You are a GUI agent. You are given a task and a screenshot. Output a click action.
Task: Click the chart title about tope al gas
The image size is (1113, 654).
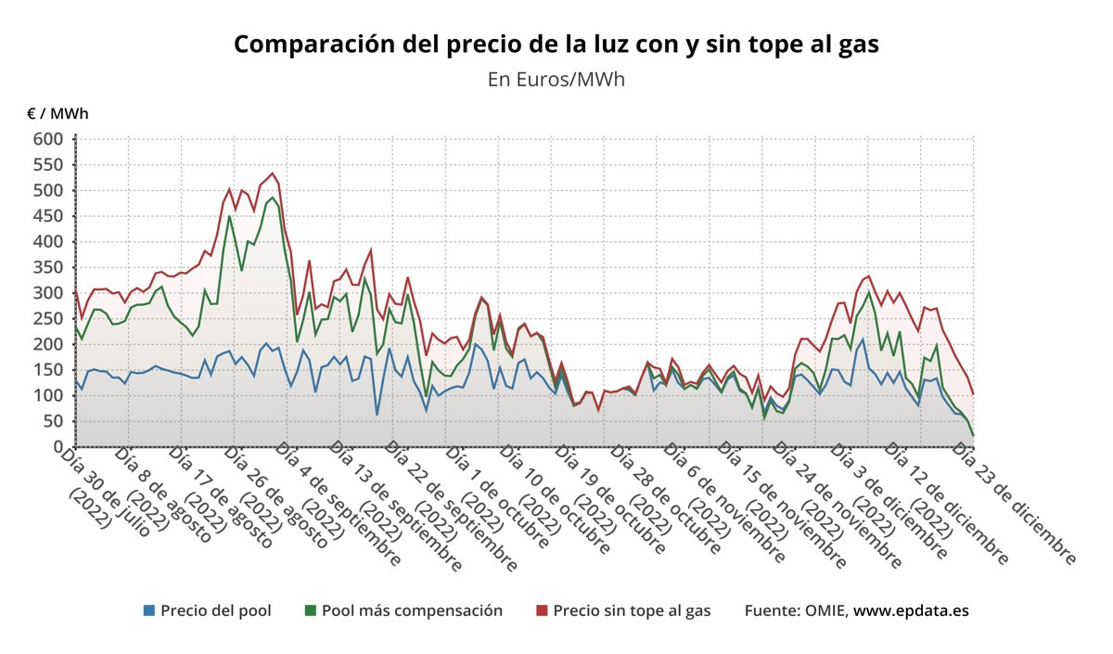click(556, 45)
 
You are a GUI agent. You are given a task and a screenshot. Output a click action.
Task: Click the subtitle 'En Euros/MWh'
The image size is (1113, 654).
click(556, 79)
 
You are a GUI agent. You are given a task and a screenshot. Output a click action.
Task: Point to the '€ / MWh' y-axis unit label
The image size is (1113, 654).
click(58, 113)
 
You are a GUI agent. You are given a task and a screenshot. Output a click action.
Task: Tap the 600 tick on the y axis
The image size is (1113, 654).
click(48, 139)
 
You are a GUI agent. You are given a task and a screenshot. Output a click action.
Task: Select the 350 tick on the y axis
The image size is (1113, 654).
click(48, 267)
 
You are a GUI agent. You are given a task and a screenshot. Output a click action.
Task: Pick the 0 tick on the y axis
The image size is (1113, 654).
click(58, 447)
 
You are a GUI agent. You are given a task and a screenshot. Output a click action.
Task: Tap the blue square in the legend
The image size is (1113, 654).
click(149, 610)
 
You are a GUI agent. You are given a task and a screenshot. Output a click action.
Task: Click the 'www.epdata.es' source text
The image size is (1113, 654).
click(912, 610)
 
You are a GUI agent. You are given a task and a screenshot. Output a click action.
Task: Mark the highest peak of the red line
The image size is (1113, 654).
click(272, 173)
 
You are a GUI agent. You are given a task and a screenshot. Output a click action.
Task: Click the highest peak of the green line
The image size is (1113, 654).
click(271, 197)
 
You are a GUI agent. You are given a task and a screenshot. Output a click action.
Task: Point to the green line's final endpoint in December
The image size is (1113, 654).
click(973, 435)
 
